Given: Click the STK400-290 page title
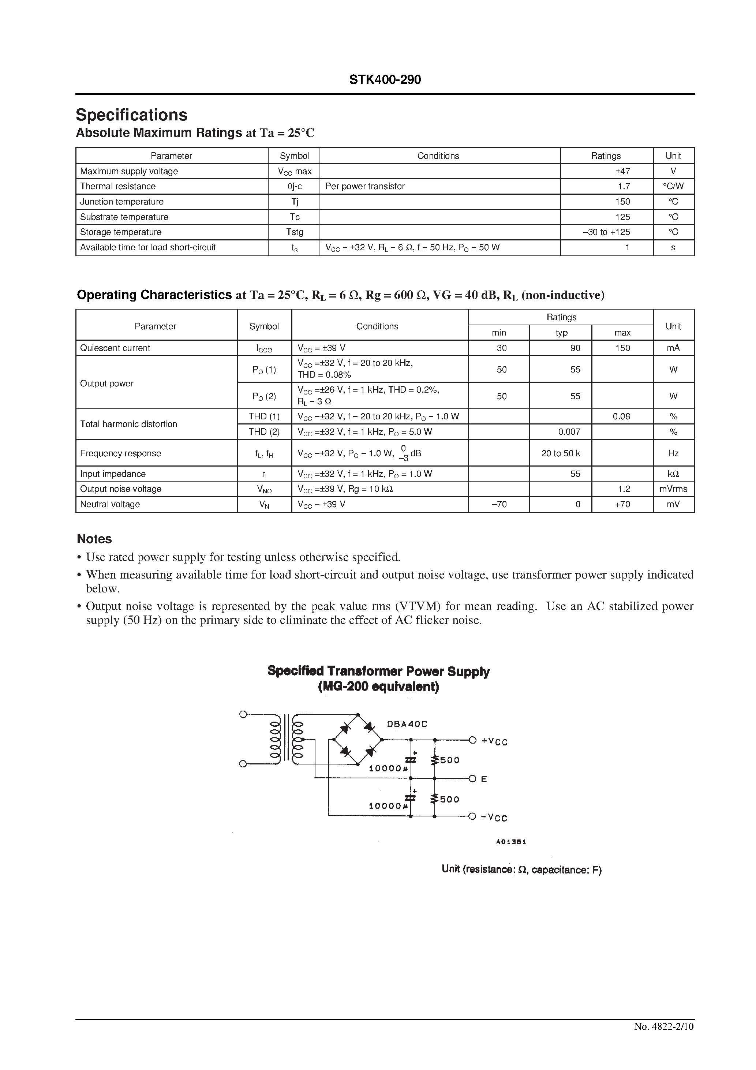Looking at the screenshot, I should click(x=385, y=80).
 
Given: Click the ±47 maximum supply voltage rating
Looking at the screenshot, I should click(x=623, y=171).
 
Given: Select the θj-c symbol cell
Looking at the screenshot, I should click(x=295, y=186).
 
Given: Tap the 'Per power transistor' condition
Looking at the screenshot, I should click(x=365, y=186).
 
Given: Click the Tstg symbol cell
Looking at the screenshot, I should click(x=295, y=232).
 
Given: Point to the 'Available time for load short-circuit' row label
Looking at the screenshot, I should click(x=148, y=247).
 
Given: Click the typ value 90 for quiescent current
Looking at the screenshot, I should click(x=575, y=348).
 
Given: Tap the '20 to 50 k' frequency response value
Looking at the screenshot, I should click(x=561, y=453).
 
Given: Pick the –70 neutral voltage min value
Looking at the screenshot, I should click(x=499, y=505).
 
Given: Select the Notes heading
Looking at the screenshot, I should click(x=94, y=539).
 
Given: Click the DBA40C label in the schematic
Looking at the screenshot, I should click(x=407, y=724).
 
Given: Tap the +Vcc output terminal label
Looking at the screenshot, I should click(x=494, y=741).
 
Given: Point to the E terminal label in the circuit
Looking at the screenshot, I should click(x=484, y=779).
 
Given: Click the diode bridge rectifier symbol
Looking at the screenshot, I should click(x=358, y=740).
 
